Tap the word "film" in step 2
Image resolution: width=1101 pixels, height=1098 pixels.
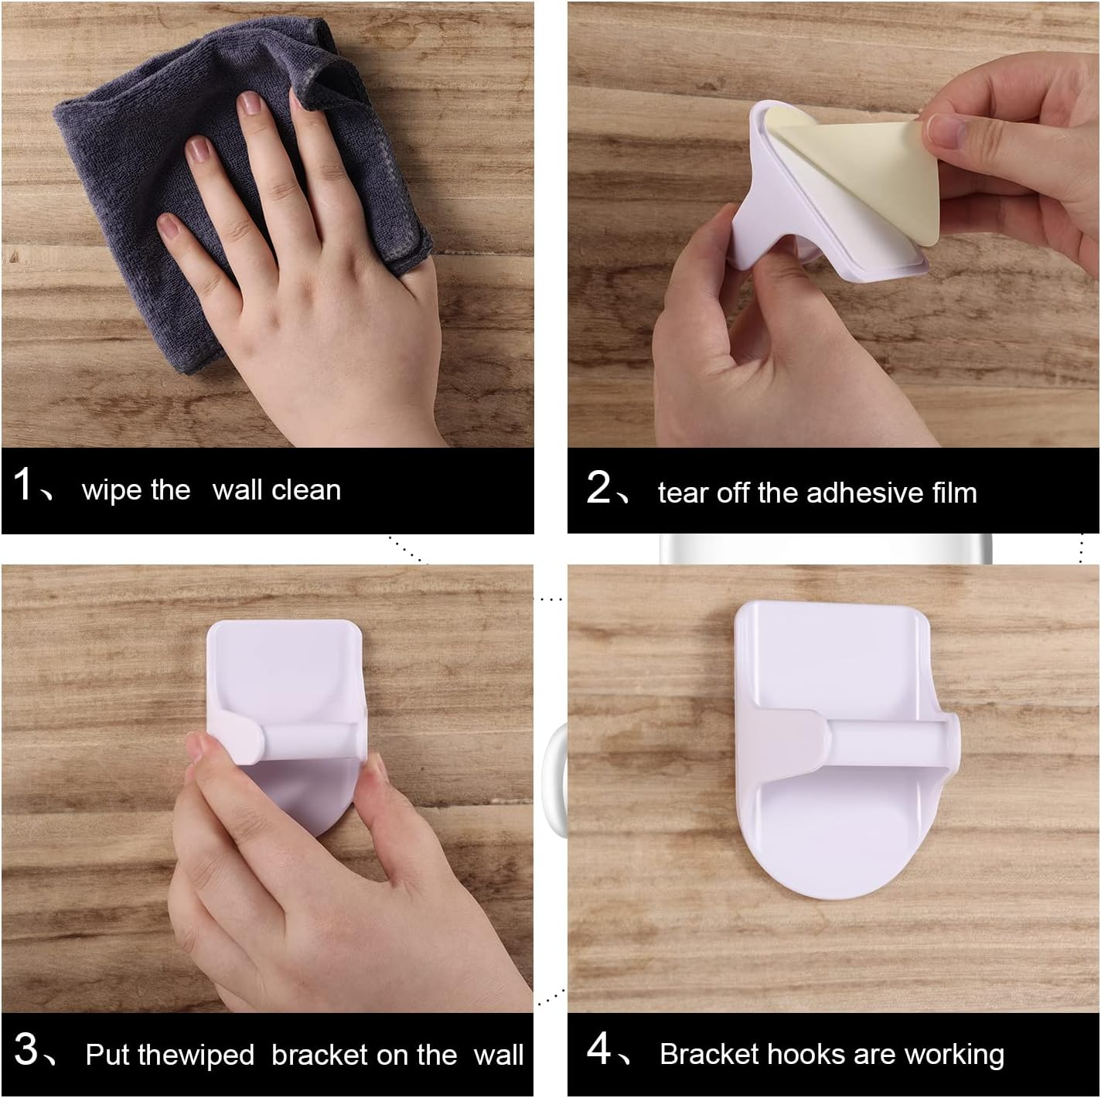point(955,493)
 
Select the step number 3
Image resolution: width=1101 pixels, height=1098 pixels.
point(26,1049)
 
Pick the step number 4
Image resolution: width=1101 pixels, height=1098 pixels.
point(598,1049)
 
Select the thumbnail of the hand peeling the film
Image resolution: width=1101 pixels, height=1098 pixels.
point(833,225)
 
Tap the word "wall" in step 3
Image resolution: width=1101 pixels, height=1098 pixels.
point(498,1055)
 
